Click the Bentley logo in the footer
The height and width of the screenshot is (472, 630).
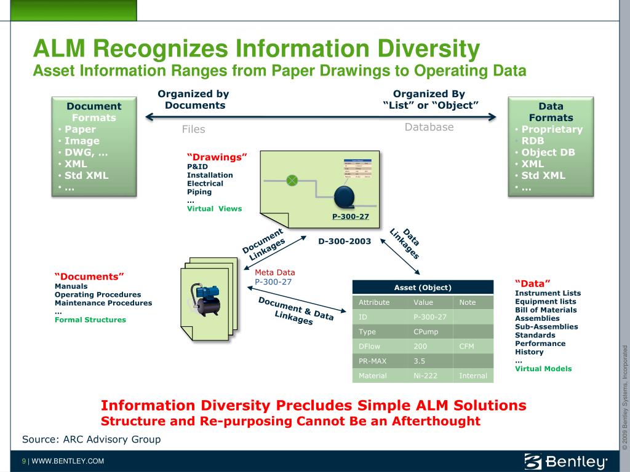point(565,461)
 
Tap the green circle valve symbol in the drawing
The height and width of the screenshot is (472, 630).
point(293,180)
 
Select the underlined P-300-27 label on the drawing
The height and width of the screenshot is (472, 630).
point(350,216)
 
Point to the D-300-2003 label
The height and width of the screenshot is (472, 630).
point(345,242)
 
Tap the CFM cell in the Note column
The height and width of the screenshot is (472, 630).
point(466,346)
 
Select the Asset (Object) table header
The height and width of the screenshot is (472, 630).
point(423,287)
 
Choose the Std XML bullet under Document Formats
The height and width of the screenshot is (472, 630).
point(86,175)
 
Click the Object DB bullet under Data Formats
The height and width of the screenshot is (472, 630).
point(548,152)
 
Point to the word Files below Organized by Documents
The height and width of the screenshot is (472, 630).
point(193,129)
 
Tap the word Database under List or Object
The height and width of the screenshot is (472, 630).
point(429,127)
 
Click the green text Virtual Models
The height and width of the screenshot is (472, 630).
point(543,369)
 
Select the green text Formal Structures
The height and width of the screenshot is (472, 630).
point(90,320)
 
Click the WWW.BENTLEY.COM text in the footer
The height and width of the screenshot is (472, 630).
point(68,461)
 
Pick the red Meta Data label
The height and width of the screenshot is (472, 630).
point(274,272)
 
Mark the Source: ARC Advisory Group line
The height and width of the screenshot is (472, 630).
point(91,439)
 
